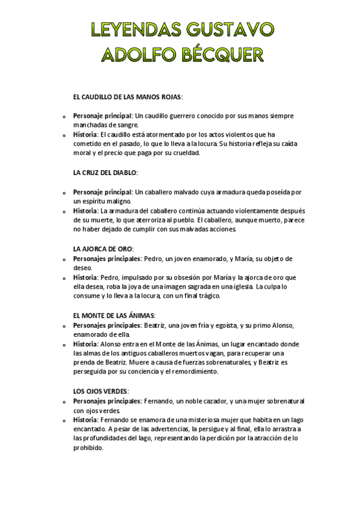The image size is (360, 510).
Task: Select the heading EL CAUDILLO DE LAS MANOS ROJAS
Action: (x=126, y=96)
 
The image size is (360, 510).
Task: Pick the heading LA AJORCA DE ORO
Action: (x=103, y=248)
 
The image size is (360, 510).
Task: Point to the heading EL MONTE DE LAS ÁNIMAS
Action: (x=114, y=315)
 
